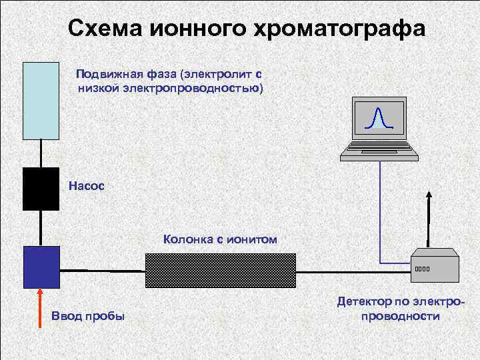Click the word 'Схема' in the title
[107, 29]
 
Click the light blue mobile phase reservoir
[41, 100]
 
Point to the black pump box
[41, 188]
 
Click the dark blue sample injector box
[41, 267]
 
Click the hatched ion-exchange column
[221, 269]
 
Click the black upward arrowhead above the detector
[429, 195]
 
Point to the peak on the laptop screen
[379, 117]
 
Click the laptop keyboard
[379, 151]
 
